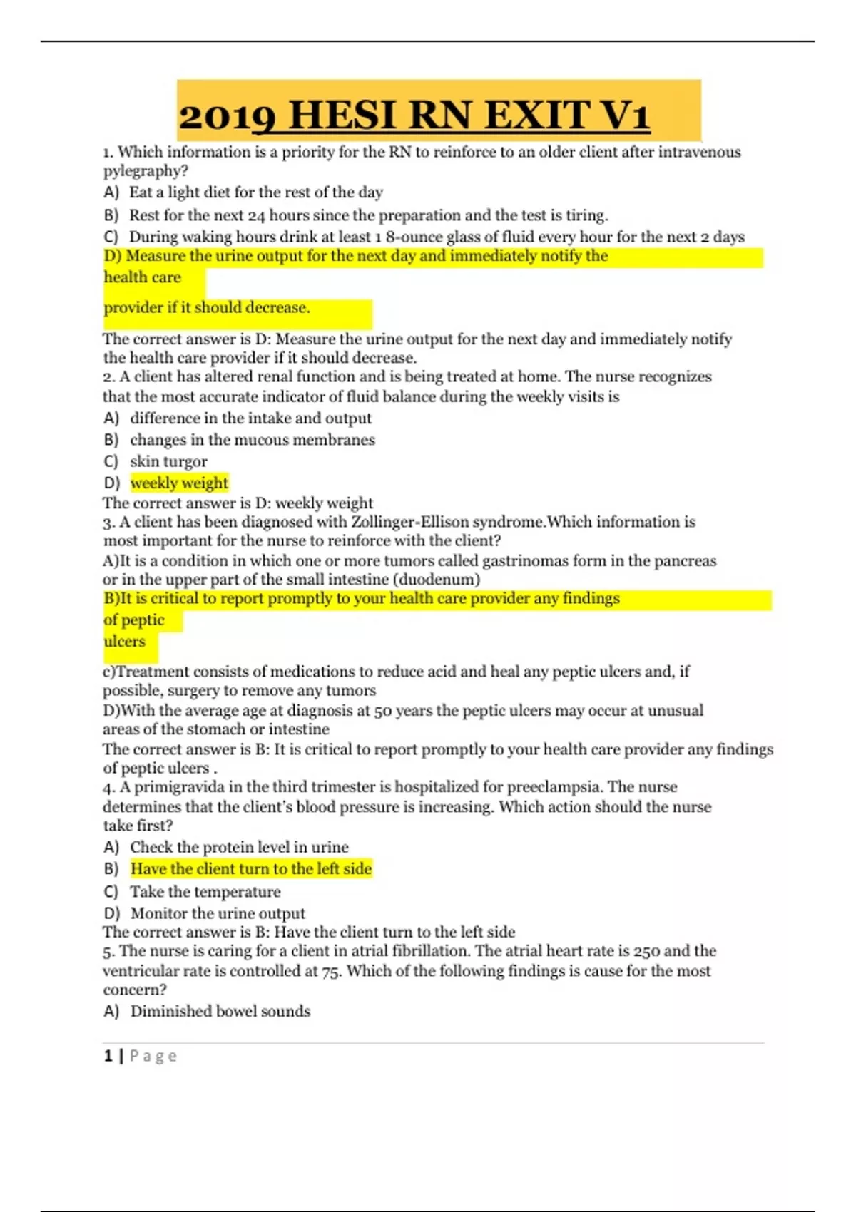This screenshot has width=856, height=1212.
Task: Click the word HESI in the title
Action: click(x=342, y=115)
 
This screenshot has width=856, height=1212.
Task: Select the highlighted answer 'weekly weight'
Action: click(x=179, y=483)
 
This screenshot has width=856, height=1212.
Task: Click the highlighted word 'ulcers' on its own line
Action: click(x=124, y=642)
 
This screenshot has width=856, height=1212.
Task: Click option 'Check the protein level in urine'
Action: click(x=239, y=847)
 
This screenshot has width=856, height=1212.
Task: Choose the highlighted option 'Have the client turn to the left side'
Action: click(x=251, y=869)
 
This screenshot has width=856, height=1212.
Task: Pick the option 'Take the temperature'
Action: click(x=205, y=892)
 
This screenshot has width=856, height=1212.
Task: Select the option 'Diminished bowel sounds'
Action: click(x=220, y=1012)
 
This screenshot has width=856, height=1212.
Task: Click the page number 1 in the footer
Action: click(x=108, y=1056)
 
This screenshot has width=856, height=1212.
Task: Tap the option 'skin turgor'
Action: click(x=168, y=462)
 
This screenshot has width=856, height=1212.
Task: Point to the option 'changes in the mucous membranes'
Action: click(x=253, y=440)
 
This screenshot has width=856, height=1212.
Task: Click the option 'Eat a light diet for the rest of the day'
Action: click(x=256, y=192)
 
